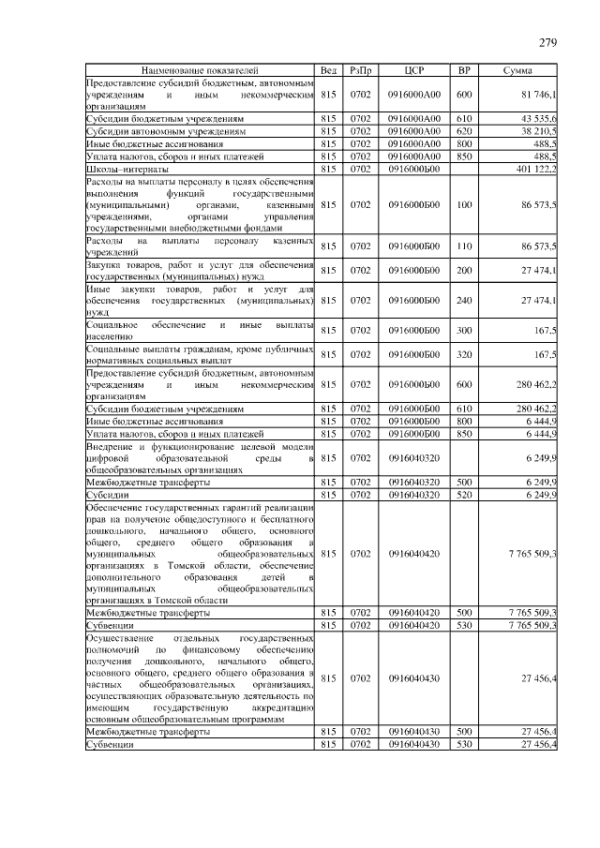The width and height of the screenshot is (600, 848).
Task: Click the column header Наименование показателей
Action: [199, 71]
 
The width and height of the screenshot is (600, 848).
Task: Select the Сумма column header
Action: [518, 71]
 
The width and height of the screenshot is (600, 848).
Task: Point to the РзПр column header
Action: [360, 71]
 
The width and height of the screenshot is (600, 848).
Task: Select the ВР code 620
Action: [463, 132]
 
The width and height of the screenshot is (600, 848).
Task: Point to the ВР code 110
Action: [463, 246]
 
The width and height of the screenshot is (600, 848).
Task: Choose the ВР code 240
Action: [463, 300]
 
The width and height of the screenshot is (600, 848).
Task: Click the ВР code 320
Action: [463, 355]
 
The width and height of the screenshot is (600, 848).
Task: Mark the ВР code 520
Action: [463, 494]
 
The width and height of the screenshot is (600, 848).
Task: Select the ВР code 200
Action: [463, 271]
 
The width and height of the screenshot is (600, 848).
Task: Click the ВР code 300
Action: [463, 330]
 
